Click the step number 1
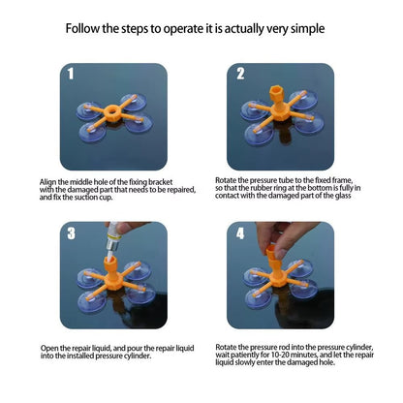[x=71, y=74]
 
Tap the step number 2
[x=240, y=74]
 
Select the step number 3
[x=72, y=233]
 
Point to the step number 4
[x=240, y=233]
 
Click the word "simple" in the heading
[x=307, y=28]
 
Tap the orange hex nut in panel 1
[x=112, y=113]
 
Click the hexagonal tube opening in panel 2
[x=277, y=90]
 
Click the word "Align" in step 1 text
[x=47, y=182]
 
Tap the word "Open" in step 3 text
[x=48, y=349]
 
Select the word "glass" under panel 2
[x=342, y=196]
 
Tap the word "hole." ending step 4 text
[x=327, y=362]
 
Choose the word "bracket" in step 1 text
[x=160, y=182]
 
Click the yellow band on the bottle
[x=113, y=236]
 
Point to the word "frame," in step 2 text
[x=342, y=180]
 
